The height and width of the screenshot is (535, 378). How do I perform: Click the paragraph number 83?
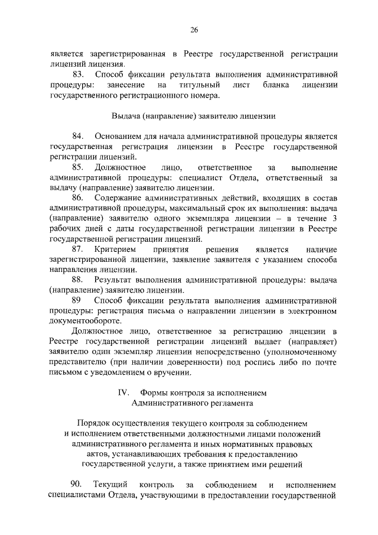(x=79, y=74)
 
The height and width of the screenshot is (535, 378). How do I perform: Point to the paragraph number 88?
(x=79, y=280)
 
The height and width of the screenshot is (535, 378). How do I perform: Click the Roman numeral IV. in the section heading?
(x=123, y=393)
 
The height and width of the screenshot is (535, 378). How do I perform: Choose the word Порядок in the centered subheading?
(x=96, y=423)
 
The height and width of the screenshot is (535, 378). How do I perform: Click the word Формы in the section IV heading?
(x=154, y=393)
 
